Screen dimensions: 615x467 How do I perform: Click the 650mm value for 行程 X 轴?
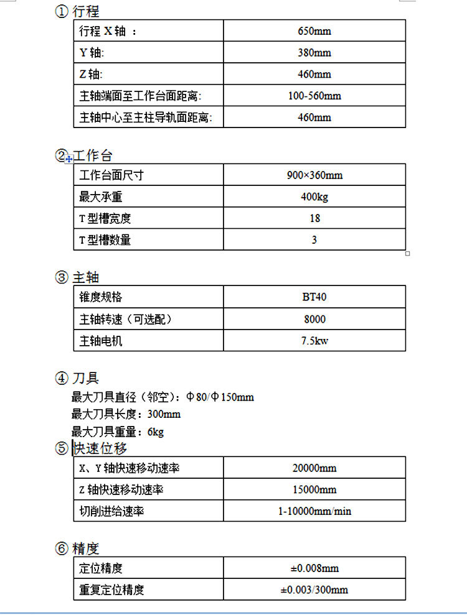coord(314,31)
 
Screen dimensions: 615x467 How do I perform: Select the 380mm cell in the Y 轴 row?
coord(314,53)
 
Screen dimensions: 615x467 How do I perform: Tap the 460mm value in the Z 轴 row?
coord(314,75)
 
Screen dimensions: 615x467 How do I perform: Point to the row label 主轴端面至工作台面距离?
coord(141,96)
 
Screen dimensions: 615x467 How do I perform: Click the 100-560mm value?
coord(314,96)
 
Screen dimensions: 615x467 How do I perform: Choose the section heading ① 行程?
coord(77,11)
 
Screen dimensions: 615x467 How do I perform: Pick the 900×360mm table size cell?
coord(314,175)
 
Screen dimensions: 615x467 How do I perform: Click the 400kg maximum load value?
coord(314,197)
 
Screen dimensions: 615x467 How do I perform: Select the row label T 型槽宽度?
coord(105,218)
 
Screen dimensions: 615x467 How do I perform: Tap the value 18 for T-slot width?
coord(314,218)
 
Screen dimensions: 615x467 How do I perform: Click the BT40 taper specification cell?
coord(314,297)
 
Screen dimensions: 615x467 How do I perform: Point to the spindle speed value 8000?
coord(314,320)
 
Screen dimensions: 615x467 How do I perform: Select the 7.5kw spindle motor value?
coord(314,341)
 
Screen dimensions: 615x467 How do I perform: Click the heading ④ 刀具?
coord(77,377)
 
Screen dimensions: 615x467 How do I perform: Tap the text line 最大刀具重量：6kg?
coord(118,432)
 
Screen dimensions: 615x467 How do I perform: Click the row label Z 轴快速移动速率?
coord(121,490)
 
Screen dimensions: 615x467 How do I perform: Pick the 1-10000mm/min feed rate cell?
coord(314,511)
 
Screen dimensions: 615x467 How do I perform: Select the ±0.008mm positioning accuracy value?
coord(314,568)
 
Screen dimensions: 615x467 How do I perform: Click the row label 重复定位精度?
coord(111,590)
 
